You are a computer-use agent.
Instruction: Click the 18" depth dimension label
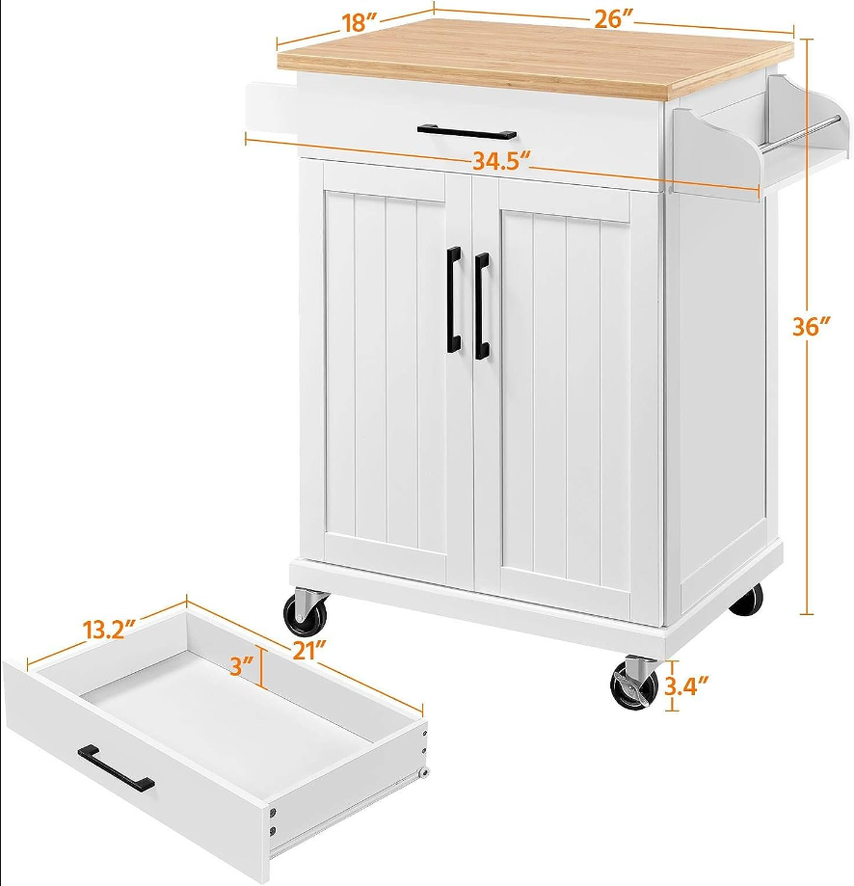coord(359,23)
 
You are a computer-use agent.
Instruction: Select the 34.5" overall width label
coord(501,162)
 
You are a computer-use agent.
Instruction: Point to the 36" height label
coord(811,327)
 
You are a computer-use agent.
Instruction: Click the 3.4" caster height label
coord(685,686)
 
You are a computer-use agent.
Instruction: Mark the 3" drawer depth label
coord(242,665)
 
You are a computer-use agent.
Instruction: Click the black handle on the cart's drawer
coord(467,132)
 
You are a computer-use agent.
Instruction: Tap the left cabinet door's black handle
coord(454,300)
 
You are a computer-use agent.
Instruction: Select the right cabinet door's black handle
coord(481,306)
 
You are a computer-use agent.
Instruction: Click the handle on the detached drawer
coord(116,767)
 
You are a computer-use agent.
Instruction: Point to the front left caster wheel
coord(306,611)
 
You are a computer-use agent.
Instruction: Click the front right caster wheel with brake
coord(634,685)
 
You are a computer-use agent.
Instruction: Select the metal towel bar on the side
coord(799,133)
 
